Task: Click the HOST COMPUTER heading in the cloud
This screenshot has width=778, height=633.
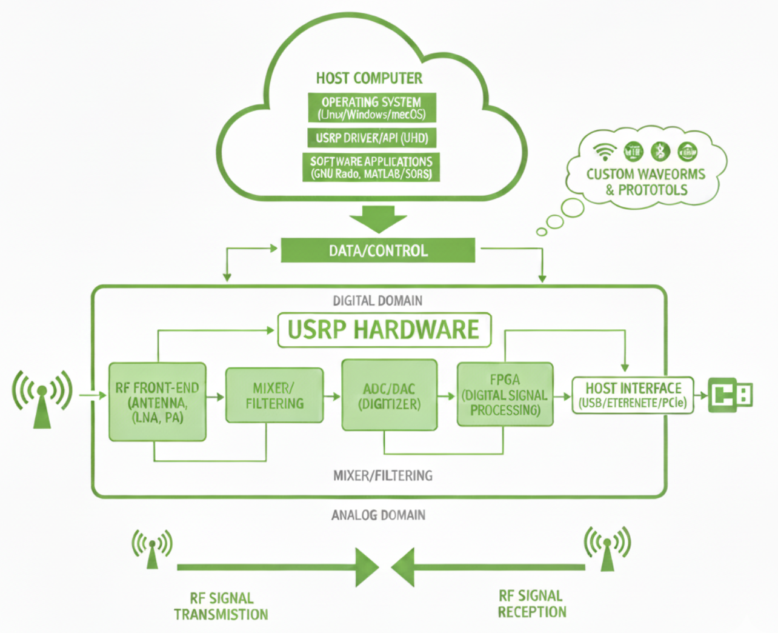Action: [369, 78]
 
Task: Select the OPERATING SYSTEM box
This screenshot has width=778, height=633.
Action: [371, 108]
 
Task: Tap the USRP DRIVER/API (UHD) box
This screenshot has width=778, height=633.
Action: [371, 138]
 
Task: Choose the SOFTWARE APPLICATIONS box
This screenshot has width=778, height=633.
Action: [371, 167]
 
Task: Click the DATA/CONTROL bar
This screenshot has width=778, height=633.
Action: [377, 250]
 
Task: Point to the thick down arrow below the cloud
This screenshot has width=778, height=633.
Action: [378, 219]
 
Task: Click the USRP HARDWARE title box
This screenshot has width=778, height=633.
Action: [384, 330]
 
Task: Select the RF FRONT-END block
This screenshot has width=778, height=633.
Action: [158, 402]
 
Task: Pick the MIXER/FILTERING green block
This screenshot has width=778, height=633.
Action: [274, 395]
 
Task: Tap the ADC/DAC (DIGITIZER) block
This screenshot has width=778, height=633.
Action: [389, 395]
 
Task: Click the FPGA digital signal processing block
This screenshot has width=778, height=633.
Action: [505, 395]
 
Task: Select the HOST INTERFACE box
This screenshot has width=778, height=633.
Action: [633, 395]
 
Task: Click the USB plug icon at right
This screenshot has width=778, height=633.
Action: [731, 395]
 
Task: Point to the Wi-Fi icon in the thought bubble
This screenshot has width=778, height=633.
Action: [604, 151]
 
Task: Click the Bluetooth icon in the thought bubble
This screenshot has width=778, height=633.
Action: [660, 151]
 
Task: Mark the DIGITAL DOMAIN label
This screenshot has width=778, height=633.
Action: [377, 301]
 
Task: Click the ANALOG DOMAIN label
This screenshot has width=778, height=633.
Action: [378, 515]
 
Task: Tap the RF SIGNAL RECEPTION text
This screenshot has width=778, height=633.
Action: [531, 604]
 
